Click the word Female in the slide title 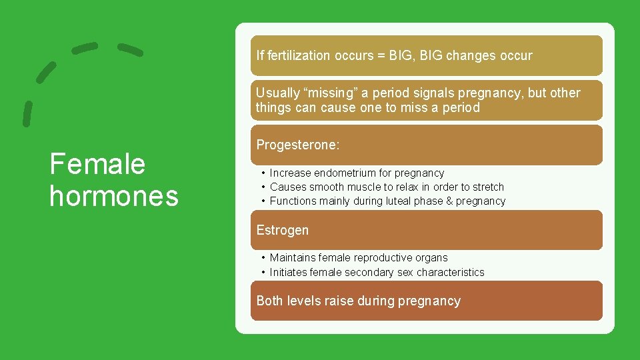(x=97, y=164)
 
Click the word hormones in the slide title (x=114, y=196)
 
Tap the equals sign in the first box (x=383, y=55)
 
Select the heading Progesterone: (x=298, y=145)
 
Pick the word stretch (x=486, y=187)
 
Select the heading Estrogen (x=283, y=230)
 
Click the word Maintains (x=293, y=257)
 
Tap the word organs (x=431, y=257)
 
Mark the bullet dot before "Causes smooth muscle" (x=264, y=187)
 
